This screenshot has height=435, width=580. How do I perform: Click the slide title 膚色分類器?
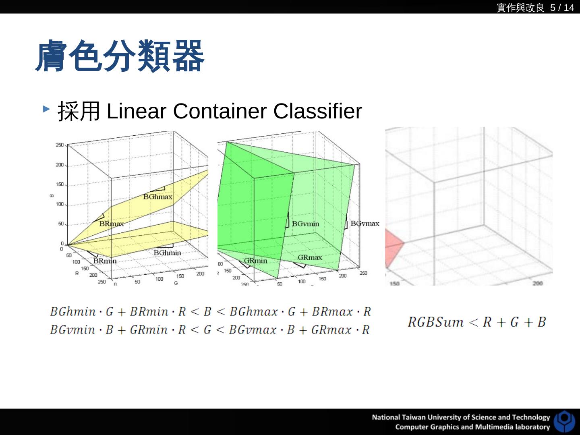click(x=120, y=56)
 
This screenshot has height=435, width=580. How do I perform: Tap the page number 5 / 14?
click(x=562, y=8)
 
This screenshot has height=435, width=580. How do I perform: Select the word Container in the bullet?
click(x=220, y=111)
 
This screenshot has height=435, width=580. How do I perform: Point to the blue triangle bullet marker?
click(x=46, y=109)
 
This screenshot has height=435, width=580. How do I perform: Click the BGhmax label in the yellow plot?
click(x=157, y=197)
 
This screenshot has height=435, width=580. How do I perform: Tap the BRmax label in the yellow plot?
click(x=112, y=224)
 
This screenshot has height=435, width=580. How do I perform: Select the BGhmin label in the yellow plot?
click(x=167, y=253)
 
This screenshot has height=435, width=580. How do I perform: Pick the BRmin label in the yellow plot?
click(x=105, y=261)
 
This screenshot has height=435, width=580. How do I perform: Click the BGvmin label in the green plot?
click(x=305, y=224)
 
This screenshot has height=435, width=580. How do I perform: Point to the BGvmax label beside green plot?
click(x=365, y=223)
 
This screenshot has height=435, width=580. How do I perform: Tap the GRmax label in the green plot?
click(x=310, y=257)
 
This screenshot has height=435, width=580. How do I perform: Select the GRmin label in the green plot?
click(x=255, y=261)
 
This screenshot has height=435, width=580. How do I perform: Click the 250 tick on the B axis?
click(x=59, y=145)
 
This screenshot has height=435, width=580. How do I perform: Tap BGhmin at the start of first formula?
click(x=73, y=312)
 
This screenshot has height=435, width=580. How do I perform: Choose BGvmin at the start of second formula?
click(x=72, y=330)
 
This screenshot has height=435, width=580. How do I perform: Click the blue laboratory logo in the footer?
click(x=564, y=422)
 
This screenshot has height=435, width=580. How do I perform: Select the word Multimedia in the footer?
click(x=497, y=427)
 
